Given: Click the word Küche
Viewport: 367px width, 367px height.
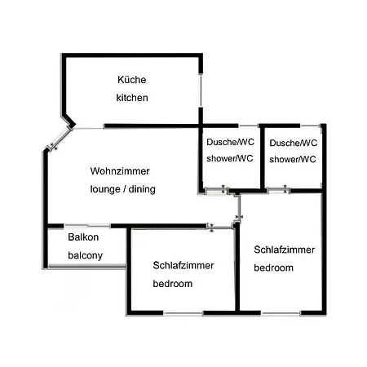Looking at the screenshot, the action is coord(132,80).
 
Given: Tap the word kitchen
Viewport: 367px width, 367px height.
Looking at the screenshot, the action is coord(132,98).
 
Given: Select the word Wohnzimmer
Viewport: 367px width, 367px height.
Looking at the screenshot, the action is coord(120,171).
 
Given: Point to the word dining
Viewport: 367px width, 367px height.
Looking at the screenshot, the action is coord(142,189).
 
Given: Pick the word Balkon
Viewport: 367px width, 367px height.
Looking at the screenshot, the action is coord(83,237).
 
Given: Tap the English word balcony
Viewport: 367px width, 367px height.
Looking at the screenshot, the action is coord(86,256).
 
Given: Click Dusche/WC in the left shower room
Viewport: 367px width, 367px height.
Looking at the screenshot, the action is coord(230,142).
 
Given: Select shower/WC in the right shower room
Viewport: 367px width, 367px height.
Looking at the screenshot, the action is coord(293,159).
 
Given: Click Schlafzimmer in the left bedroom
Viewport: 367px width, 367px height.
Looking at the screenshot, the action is coord(183,265).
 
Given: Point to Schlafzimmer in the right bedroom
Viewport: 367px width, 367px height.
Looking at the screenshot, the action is coord(285,250).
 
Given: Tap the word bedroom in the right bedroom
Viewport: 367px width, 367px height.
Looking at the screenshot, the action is coord(274,268).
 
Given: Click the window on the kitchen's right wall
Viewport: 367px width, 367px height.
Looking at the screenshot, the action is coord(201,91).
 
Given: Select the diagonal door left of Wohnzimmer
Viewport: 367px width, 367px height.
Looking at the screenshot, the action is coord(60,139).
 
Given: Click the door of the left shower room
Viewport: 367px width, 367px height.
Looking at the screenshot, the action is coord(216,189).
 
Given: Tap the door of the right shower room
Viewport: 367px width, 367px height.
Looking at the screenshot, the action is coord(278,189).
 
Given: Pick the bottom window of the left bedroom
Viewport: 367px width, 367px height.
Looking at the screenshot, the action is coord(183,313).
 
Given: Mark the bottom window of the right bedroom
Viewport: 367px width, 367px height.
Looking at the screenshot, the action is coord(281,313).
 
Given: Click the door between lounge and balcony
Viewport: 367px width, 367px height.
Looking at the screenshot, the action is coord(87,226).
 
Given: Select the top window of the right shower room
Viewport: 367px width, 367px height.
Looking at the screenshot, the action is coord(310,126).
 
